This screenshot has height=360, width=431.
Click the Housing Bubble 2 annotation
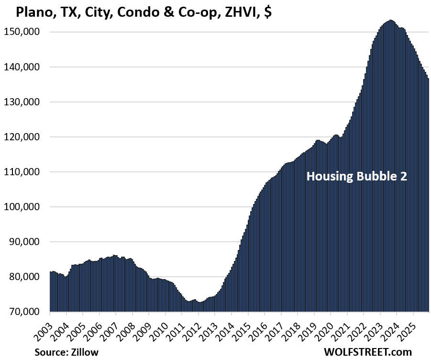tap(356, 176)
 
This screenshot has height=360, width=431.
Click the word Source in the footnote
tap(50, 352)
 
